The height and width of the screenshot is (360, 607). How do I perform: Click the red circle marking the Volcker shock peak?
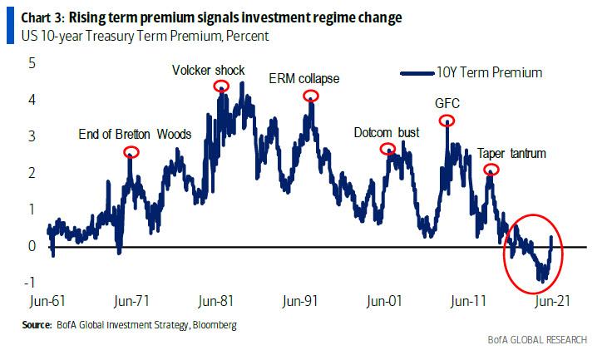pos(221,86)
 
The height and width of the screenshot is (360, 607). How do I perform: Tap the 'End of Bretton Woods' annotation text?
pos(135,134)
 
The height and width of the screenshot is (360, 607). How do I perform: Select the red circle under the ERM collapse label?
pos(311,96)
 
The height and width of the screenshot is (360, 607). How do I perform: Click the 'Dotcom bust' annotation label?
pos(387,132)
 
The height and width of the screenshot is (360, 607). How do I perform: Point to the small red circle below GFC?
pos(448,121)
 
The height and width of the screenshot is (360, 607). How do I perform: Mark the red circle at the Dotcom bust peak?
pos(387,150)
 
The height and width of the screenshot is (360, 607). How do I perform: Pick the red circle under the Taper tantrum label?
pos(491,170)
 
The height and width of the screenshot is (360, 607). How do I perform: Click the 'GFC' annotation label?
pos(447,104)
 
